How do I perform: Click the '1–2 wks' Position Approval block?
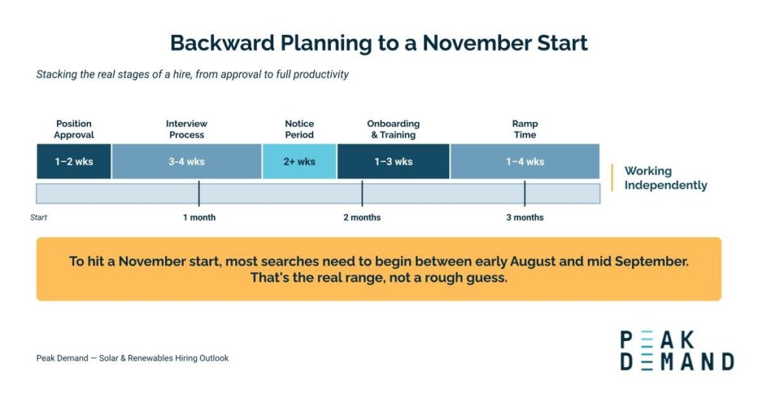pos(74,161)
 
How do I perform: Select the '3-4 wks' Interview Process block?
pos(187,161)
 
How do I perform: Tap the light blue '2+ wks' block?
pos(299,161)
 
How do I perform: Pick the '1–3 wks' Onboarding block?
pos(394,161)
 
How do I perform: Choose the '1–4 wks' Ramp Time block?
pos(525,161)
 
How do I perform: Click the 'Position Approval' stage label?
pos(74,129)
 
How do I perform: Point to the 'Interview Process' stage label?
pos(187,129)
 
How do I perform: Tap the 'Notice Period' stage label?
pos(299,129)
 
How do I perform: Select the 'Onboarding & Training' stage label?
pos(394,129)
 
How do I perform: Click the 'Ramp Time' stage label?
pos(525,129)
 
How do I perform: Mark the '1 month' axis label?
pos(199,217)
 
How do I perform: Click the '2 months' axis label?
pos(362,217)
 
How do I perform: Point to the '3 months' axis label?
pos(525,217)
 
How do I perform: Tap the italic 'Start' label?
pos(38,217)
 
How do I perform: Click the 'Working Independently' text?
pos(665,178)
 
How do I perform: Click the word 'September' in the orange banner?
pos(651,261)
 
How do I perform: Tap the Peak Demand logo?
pos(677,351)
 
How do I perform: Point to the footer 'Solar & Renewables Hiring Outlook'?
pos(164,358)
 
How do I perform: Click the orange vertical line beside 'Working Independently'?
pos(612,178)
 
